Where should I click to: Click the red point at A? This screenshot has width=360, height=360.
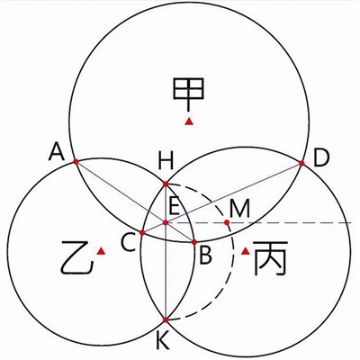click(76, 162)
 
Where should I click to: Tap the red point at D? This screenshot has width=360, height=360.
click(301, 163)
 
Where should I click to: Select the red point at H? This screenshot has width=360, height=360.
click(166, 184)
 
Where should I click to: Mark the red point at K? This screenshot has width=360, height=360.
click(166, 320)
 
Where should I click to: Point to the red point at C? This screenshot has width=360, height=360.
click(142, 232)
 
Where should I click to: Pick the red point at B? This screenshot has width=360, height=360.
click(194, 242)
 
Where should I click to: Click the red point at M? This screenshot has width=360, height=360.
click(227, 222)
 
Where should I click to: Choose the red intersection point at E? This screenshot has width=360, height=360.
click(166, 222)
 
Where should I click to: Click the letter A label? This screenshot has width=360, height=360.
click(57, 151)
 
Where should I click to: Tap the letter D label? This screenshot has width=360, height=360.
click(322, 158)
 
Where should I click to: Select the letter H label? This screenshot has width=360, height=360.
click(166, 161)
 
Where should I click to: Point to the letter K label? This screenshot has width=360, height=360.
click(164, 342)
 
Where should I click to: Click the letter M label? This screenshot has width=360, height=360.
click(239, 209)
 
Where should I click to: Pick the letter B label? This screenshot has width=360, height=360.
click(205, 256)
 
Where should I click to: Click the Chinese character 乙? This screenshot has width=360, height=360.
click(76, 258)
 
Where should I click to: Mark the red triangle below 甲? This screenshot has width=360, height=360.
click(189, 121)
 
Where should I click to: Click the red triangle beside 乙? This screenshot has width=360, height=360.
click(102, 251)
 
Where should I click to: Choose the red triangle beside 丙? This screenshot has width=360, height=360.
click(246, 251)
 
